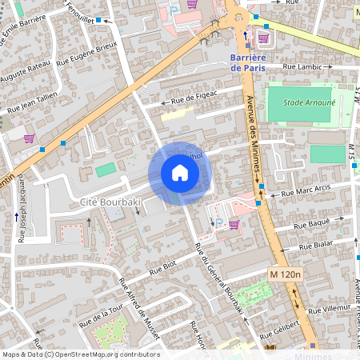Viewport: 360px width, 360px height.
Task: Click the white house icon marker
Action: tap(180, 173)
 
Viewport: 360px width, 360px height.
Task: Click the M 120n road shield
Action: tap(286, 274)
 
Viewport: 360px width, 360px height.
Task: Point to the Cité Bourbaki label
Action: tap(110, 204)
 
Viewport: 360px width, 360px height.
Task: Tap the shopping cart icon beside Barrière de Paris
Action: tap(263, 38)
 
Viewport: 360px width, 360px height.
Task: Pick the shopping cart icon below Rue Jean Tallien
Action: tap(29, 138)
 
